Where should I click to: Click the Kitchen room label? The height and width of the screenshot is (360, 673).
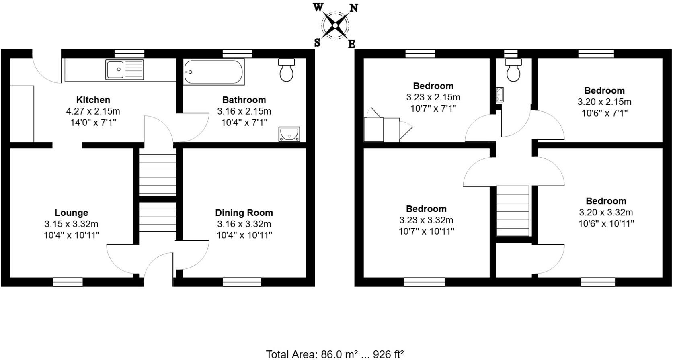(x=93, y=100)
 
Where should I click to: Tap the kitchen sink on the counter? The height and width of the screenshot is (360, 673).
(x=124, y=70)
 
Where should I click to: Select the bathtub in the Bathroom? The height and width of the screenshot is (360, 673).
(x=213, y=72)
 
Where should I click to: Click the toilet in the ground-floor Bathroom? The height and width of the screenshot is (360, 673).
(x=286, y=71)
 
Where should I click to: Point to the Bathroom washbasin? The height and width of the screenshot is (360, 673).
(x=289, y=134)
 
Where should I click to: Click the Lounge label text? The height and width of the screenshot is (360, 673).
(x=71, y=213)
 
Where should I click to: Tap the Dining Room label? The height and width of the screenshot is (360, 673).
(x=244, y=213)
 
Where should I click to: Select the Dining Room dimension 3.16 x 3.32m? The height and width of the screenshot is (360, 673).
(x=244, y=224)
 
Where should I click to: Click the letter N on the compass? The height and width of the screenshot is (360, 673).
(x=354, y=8)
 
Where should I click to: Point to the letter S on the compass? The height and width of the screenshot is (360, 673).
(x=317, y=42)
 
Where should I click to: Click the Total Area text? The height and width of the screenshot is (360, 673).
(x=334, y=354)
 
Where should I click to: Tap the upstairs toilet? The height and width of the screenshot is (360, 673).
(x=513, y=71)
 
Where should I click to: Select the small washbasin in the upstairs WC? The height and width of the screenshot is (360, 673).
(x=500, y=94)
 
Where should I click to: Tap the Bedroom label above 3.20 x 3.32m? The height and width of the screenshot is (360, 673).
(x=606, y=201)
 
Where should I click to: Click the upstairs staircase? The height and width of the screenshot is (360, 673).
(x=513, y=211)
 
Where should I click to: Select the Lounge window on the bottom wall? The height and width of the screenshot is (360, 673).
(x=68, y=282)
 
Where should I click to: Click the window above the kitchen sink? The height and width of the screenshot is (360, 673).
(x=129, y=53)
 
